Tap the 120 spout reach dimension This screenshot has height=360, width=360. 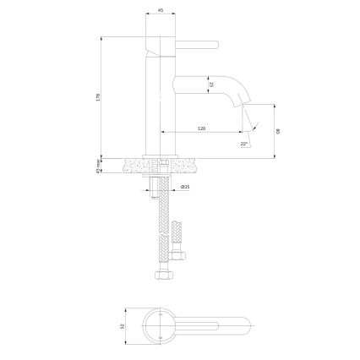coord(201,128)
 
